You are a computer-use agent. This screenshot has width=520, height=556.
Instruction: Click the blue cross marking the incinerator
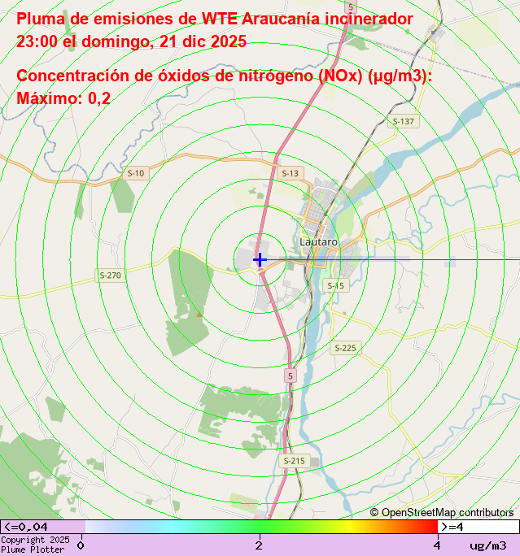260,260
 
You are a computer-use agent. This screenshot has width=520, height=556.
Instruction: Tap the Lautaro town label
318,241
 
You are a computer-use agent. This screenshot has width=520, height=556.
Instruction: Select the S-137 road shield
403,121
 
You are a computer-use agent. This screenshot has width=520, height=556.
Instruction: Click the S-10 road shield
135,173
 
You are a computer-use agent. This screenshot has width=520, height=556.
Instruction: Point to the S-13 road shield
290,173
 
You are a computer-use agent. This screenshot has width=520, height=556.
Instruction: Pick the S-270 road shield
110,276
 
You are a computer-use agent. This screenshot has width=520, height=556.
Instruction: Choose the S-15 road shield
335,285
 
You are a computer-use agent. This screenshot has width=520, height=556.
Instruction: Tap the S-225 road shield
344,348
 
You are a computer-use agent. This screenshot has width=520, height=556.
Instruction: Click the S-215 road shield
293,461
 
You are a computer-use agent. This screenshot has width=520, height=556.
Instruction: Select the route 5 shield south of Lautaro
290,376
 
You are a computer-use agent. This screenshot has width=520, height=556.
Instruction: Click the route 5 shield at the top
350,7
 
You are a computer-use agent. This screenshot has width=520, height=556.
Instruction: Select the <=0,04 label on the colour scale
26,527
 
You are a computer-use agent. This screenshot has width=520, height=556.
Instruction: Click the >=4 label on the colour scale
452,527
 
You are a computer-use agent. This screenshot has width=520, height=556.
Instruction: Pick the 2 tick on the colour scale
259,545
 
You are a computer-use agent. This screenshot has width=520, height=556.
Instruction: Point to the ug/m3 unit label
487,545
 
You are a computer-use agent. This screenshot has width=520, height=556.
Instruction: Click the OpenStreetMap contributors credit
442,512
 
